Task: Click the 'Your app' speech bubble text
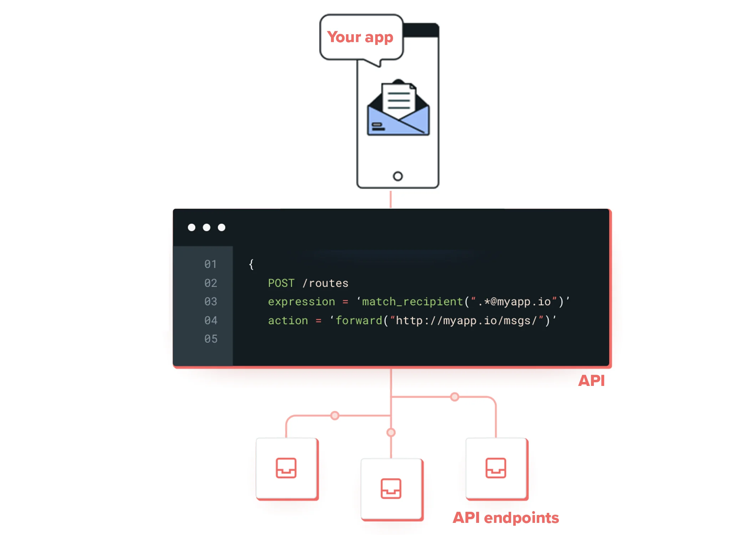point(360,37)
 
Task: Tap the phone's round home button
point(398,176)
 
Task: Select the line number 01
point(210,264)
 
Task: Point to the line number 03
point(210,302)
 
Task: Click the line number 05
point(211,339)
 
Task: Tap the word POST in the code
point(281,283)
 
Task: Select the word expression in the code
point(301,302)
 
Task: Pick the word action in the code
point(288,321)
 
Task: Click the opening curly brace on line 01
point(251,264)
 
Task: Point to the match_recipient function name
point(412,302)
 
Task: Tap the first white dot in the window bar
point(192,228)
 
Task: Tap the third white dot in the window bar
point(221,228)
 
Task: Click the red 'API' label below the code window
point(591,381)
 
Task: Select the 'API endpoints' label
point(506,518)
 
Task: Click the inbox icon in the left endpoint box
point(286,468)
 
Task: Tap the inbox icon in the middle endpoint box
point(391,488)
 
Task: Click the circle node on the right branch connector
point(454,397)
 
